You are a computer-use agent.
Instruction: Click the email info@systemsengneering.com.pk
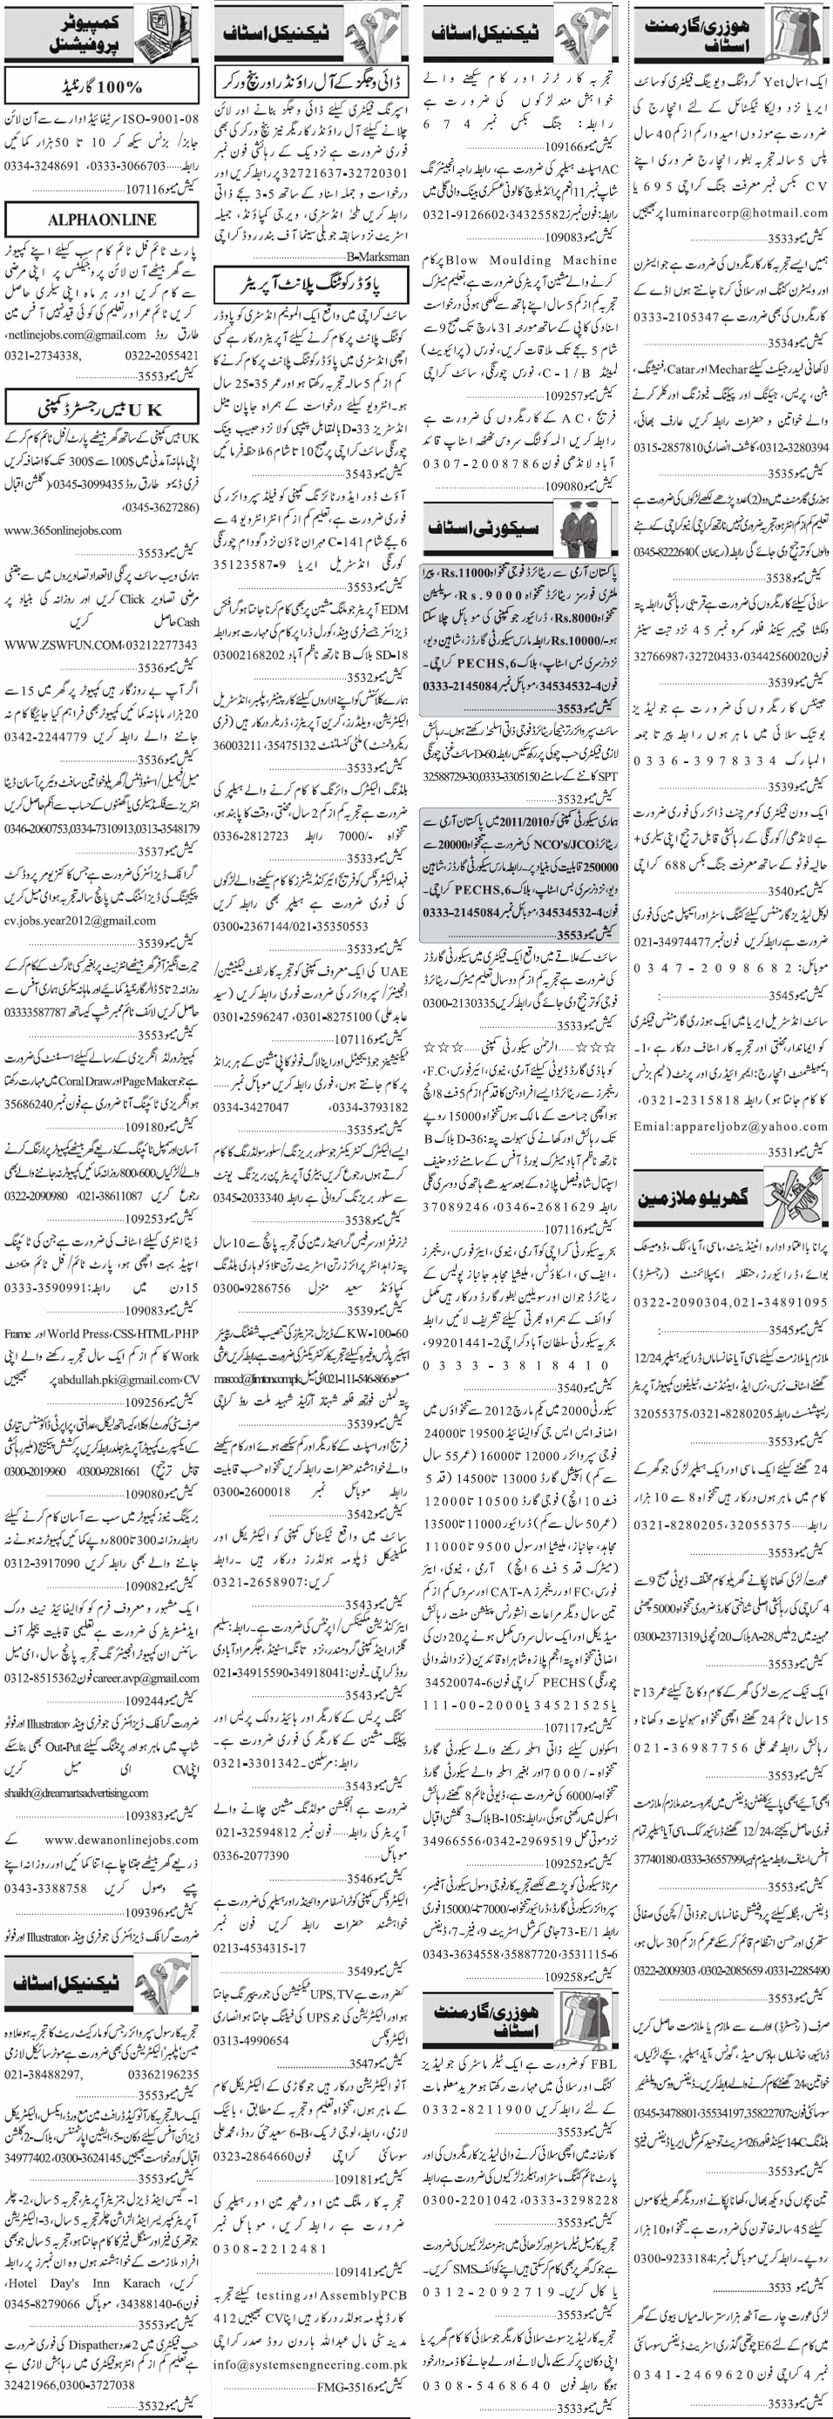click(x=310, y=2362)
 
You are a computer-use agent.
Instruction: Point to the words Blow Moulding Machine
click(x=555, y=260)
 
